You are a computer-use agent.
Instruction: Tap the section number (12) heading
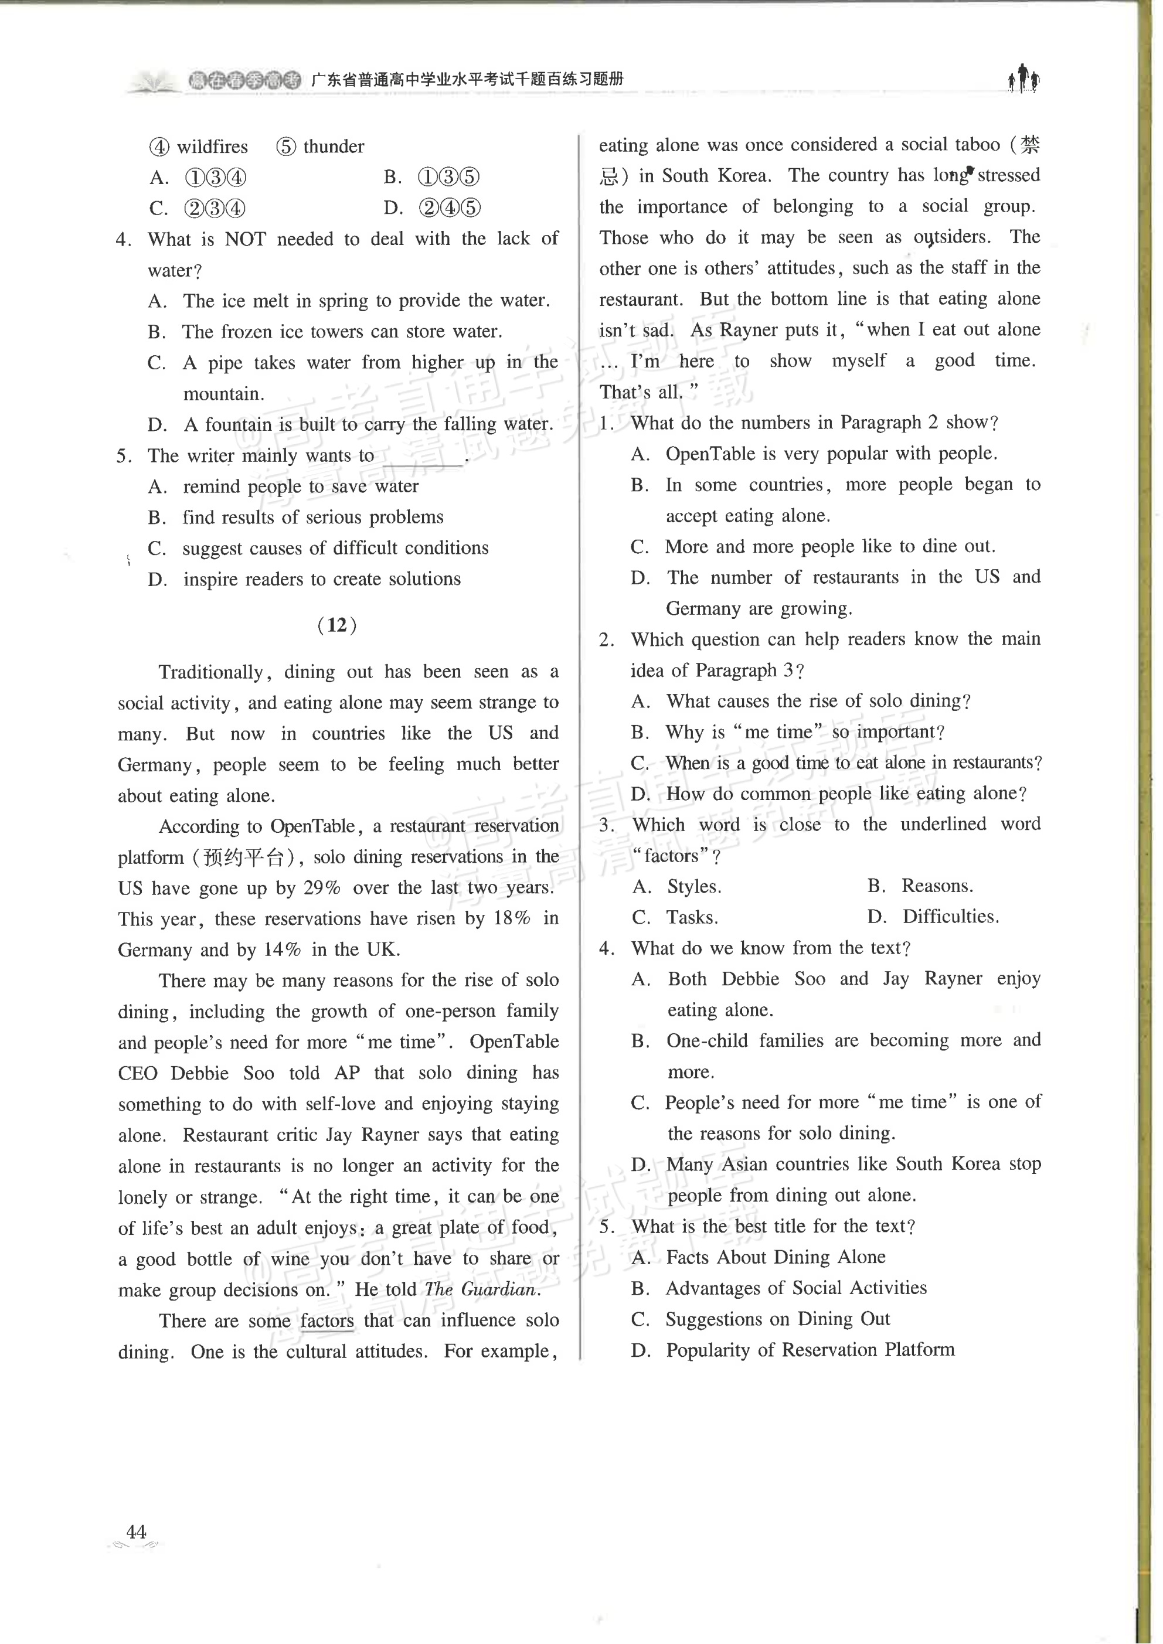(x=336, y=625)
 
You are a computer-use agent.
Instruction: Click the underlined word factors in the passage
(x=327, y=1320)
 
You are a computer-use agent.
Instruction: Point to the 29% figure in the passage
(x=322, y=888)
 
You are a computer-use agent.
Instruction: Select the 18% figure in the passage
(x=512, y=918)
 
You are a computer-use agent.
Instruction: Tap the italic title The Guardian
(x=481, y=1289)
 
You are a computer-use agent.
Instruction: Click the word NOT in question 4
(x=246, y=239)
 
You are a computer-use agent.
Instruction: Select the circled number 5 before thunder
(x=285, y=147)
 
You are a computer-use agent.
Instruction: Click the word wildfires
(x=212, y=147)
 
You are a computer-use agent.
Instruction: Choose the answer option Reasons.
(x=936, y=886)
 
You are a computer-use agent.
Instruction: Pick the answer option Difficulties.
(x=950, y=917)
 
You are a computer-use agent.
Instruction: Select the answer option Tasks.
(x=692, y=917)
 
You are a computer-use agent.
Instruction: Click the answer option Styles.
(x=694, y=886)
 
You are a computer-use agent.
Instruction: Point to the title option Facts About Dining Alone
(x=776, y=1257)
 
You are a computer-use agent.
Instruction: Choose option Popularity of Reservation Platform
(x=810, y=1350)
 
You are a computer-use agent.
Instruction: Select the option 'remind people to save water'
(x=301, y=486)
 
